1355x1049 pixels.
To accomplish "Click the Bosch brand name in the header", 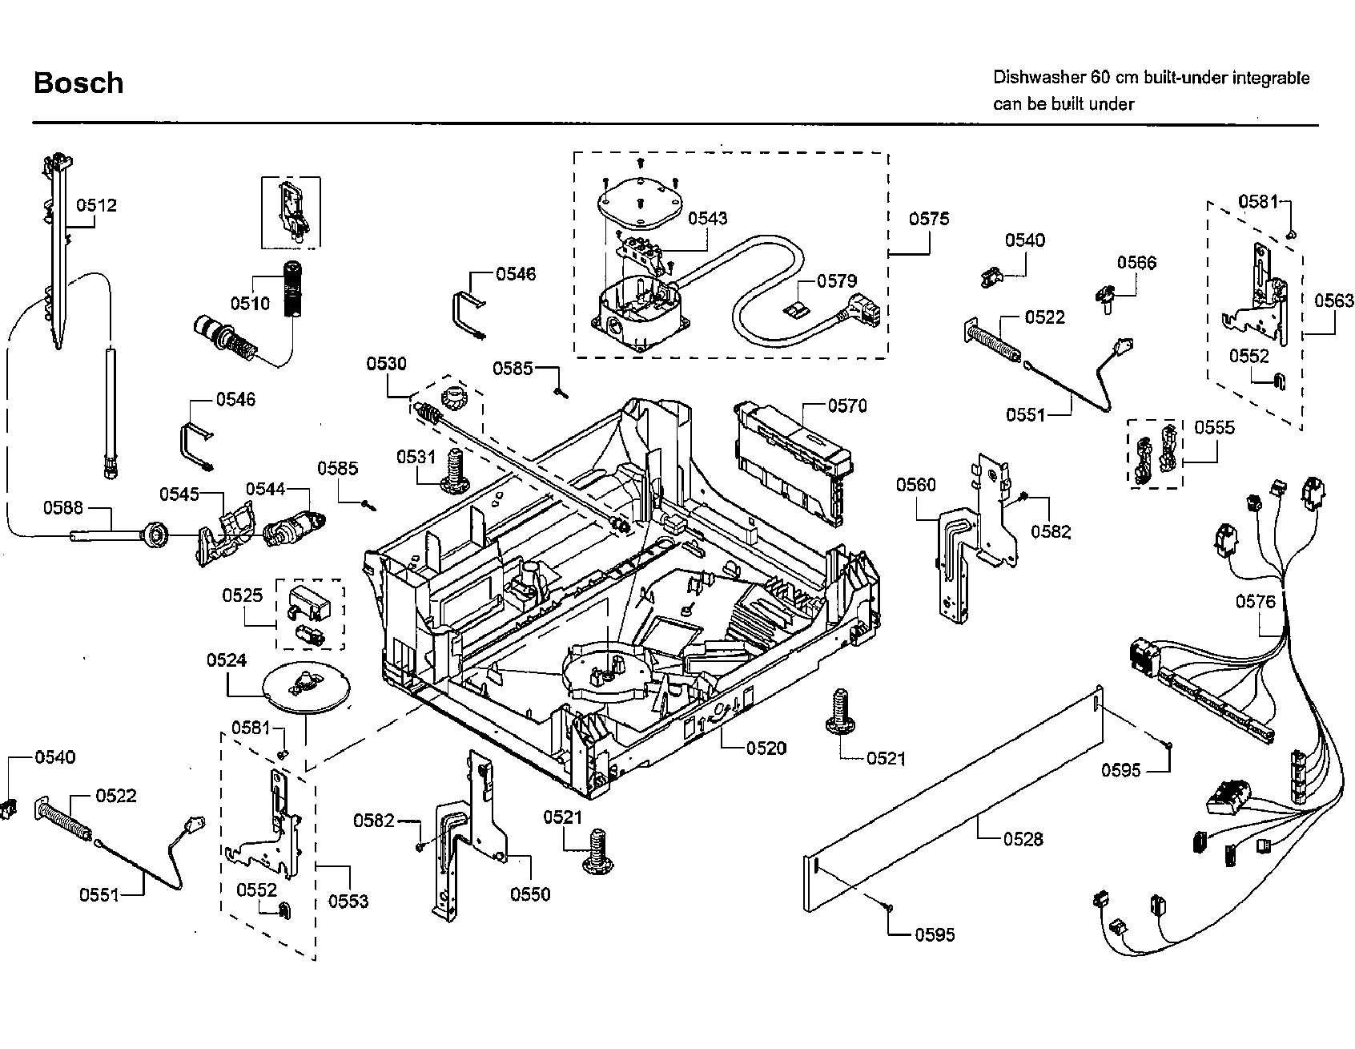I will (78, 83).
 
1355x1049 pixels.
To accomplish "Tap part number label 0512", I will (97, 205).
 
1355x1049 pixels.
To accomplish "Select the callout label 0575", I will (929, 219).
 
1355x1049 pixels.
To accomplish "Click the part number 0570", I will (847, 405).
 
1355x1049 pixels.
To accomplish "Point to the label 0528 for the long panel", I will (1023, 839).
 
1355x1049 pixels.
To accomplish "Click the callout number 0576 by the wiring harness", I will (1255, 601).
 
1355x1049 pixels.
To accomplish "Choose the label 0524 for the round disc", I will (227, 660).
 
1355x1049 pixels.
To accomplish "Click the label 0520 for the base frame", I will (766, 748).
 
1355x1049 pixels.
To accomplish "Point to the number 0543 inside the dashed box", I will (708, 218).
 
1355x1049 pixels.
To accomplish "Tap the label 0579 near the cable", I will (837, 281).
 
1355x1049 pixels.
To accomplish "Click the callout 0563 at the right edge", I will (1334, 301).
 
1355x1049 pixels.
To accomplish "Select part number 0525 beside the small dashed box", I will (243, 595).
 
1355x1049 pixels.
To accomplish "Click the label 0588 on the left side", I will (63, 506).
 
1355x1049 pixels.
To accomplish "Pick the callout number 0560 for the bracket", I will (916, 484).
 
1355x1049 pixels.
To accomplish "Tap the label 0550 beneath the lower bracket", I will (530, 894).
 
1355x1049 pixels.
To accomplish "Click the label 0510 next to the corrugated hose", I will (251, 303).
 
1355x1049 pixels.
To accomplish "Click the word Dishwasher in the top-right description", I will (1038, 78).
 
